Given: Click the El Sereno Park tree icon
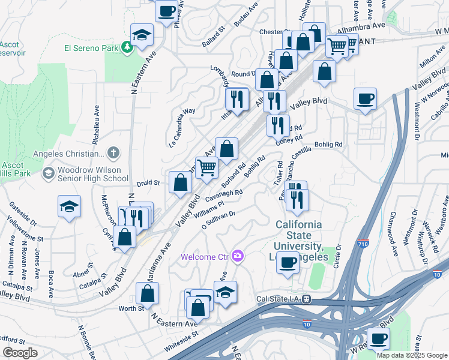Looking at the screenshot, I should point(127,47).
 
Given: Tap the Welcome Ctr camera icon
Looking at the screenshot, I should point(238,256).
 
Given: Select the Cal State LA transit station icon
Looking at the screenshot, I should point(306,299).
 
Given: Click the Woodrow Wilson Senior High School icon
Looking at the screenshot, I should point(48,173).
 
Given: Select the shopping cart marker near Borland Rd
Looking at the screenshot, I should point(207,167).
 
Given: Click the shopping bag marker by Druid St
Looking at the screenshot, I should point(180,182).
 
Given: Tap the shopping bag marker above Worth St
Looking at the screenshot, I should point(147,293).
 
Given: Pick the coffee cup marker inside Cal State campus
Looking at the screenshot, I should point(288,262).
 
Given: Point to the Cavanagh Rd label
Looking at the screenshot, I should point(223,196).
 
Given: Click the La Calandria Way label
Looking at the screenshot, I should point(182,128).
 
